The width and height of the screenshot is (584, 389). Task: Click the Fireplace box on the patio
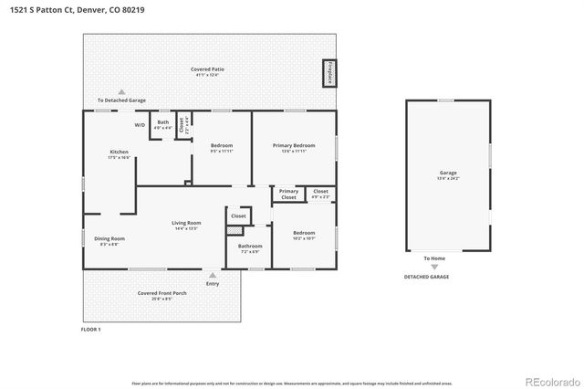click(x=328, y=73)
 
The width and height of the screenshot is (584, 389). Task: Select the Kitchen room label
click(x=119, y=153)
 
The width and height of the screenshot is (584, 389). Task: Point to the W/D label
click(x=140, y=125)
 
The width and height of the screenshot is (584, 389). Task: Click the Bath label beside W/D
click(x=163, y=123)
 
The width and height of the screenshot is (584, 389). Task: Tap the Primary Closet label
click(x=288, y=194)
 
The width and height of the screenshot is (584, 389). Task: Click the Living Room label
click(x=186, y=225)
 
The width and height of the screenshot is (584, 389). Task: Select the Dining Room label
click(x=109, y=240)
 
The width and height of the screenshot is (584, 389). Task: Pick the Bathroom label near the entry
click(x=250, y=247)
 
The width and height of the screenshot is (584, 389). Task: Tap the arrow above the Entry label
click(x=213, y=274)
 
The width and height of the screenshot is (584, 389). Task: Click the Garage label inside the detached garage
click(x=448, y=173)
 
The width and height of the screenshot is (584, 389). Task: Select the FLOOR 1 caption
click(x=91, y=329)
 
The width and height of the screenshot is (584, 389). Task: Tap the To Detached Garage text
click(x=121, y=100)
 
